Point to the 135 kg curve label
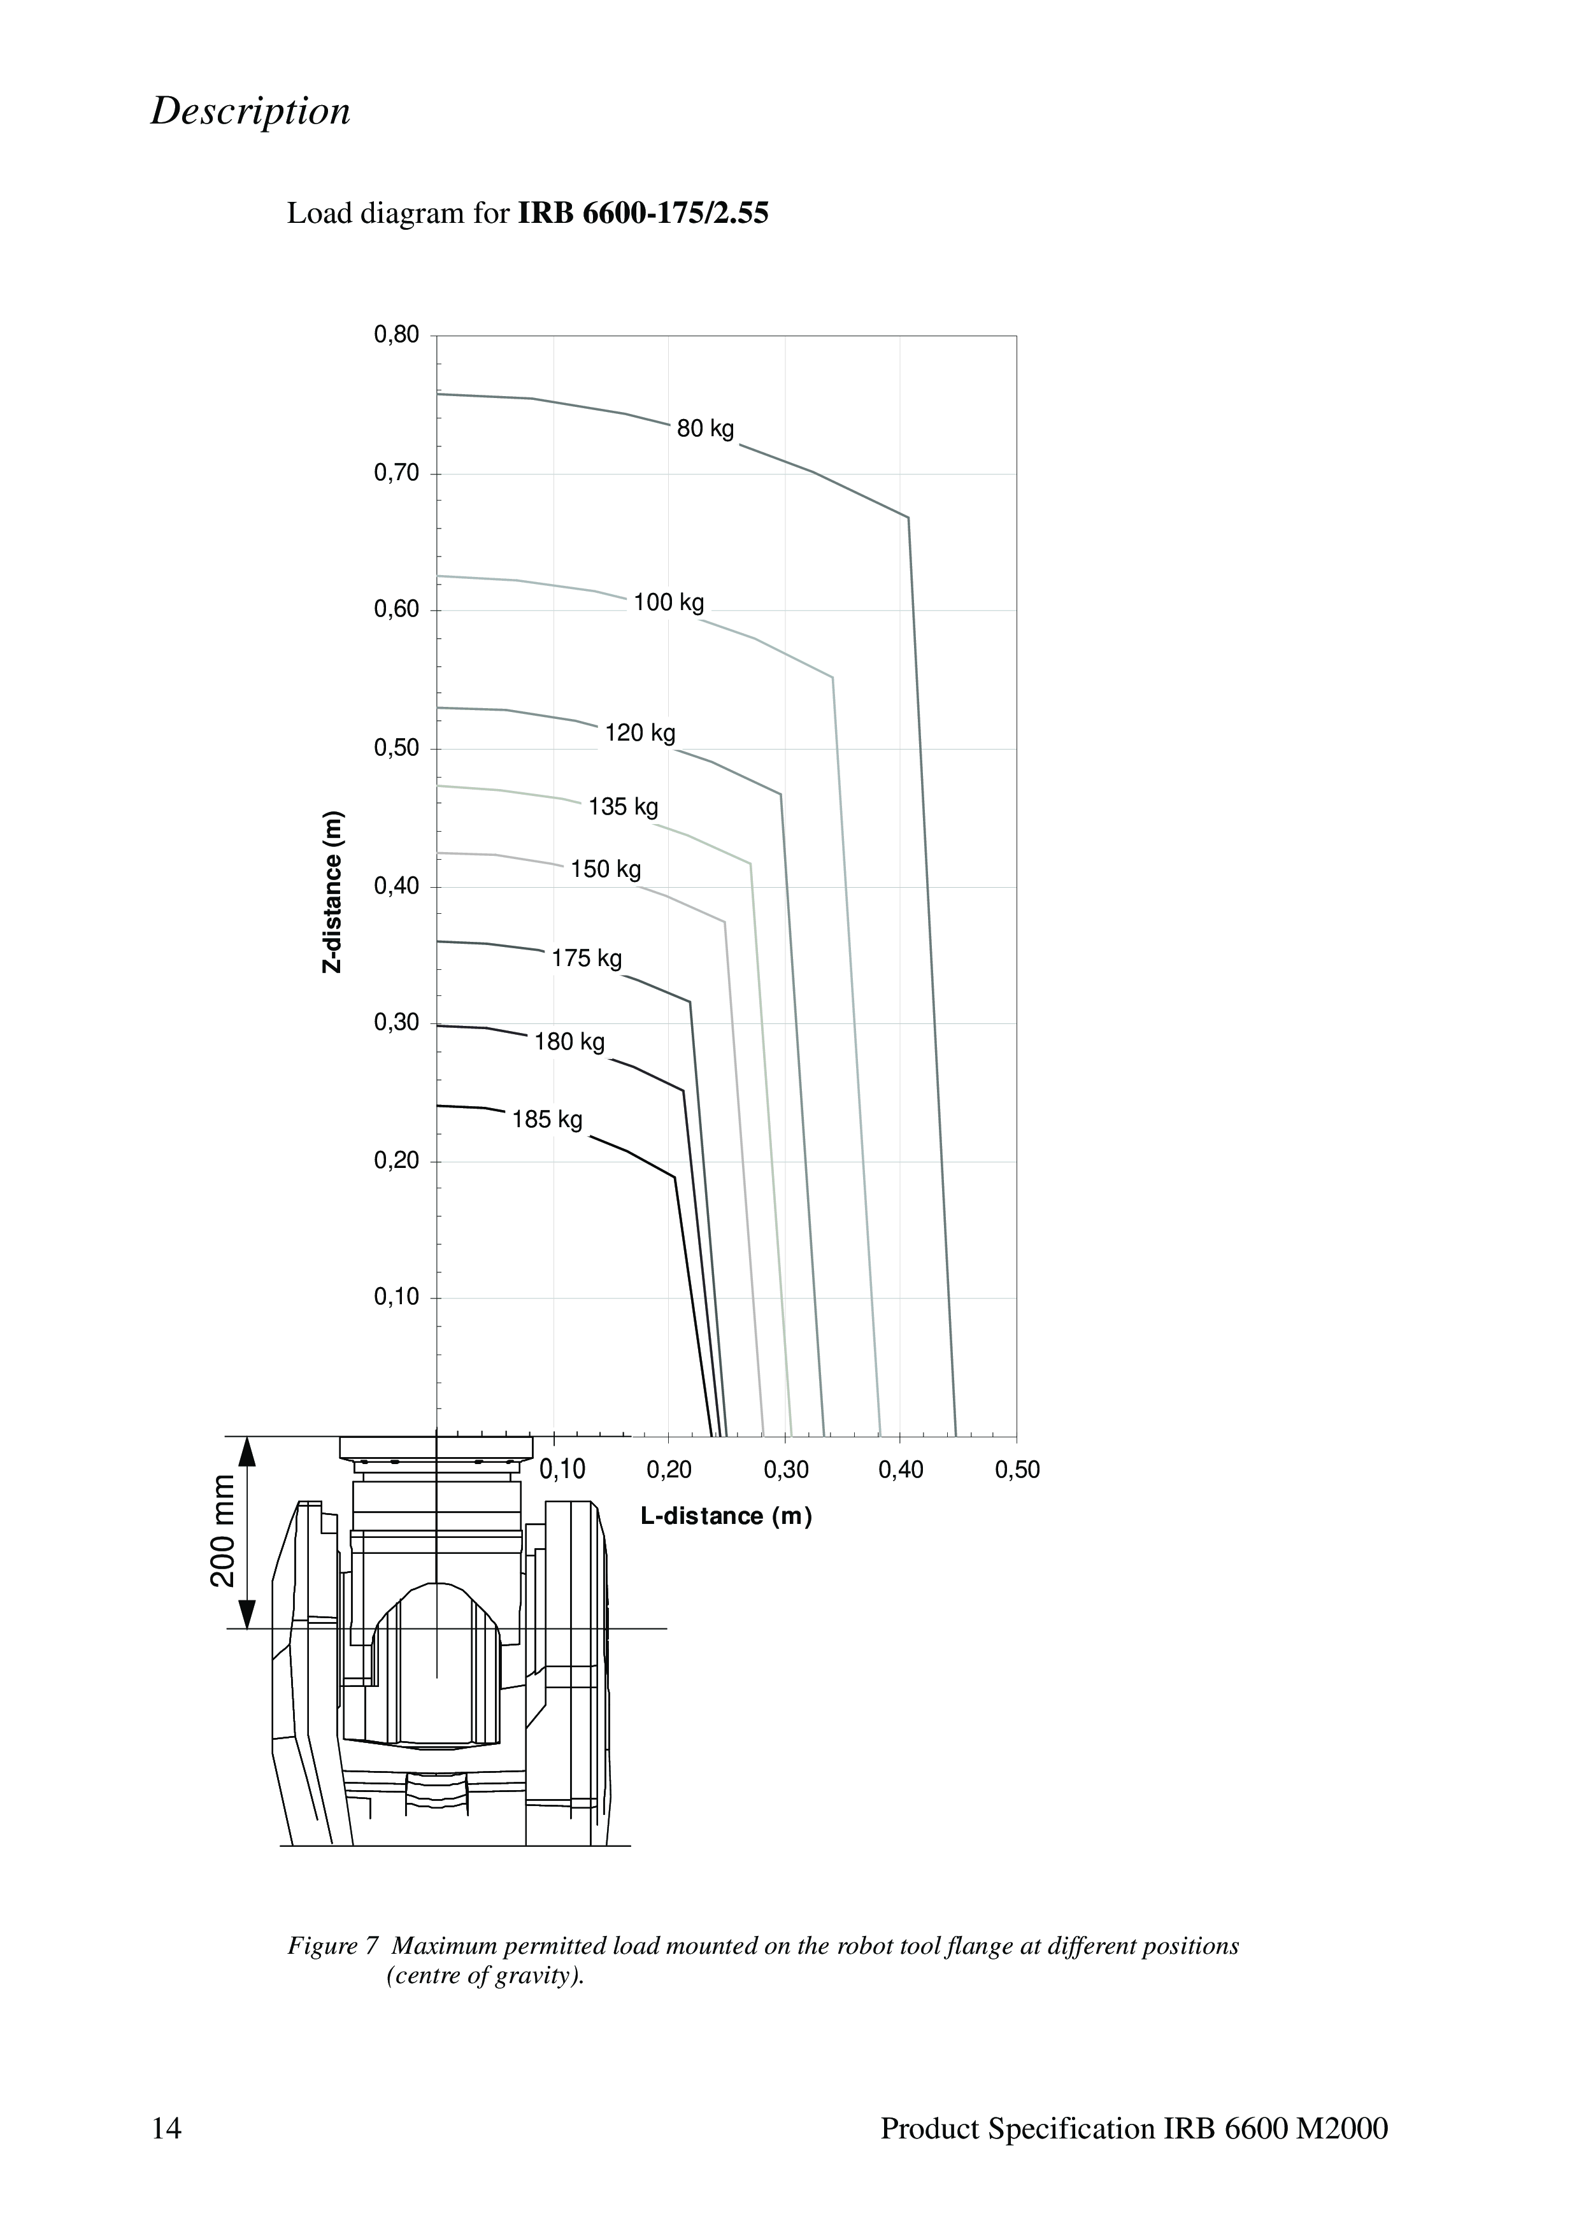click(624, 807)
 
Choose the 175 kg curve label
click(587, 958)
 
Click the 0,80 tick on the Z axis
click(397, 336)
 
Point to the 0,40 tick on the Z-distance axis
click(397, 886)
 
